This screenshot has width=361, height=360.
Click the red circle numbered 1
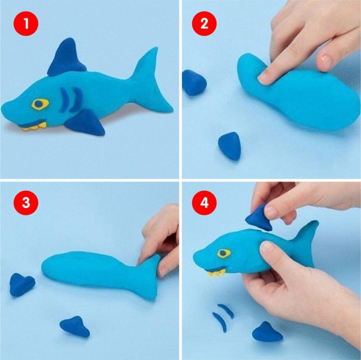[x=26, y=24]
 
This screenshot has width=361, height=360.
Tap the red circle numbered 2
[x=204, y=24]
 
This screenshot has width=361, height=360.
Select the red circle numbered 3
[x=26, y=203]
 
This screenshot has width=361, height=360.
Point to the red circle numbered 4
[x=204, y=203]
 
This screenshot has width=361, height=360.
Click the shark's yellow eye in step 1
[x=40, y=104]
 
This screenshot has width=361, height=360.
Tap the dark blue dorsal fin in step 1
[x=66, y=57]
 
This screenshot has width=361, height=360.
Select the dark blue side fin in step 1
[x=86, y=122]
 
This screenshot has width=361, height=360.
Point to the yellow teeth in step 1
[x=35, y=126]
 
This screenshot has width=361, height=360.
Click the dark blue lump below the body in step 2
[x=230, y=146]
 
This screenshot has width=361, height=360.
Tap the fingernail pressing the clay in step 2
[x=263, y=77]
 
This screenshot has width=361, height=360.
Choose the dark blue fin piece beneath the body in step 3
[x=75, y=327]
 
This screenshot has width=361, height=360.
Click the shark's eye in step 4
[x=223, y=253]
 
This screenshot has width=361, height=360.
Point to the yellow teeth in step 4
[x=216, y=273]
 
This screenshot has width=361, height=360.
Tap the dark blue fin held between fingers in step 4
[x=259, y=217]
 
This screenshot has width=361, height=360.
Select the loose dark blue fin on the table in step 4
[x=267, y=332]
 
